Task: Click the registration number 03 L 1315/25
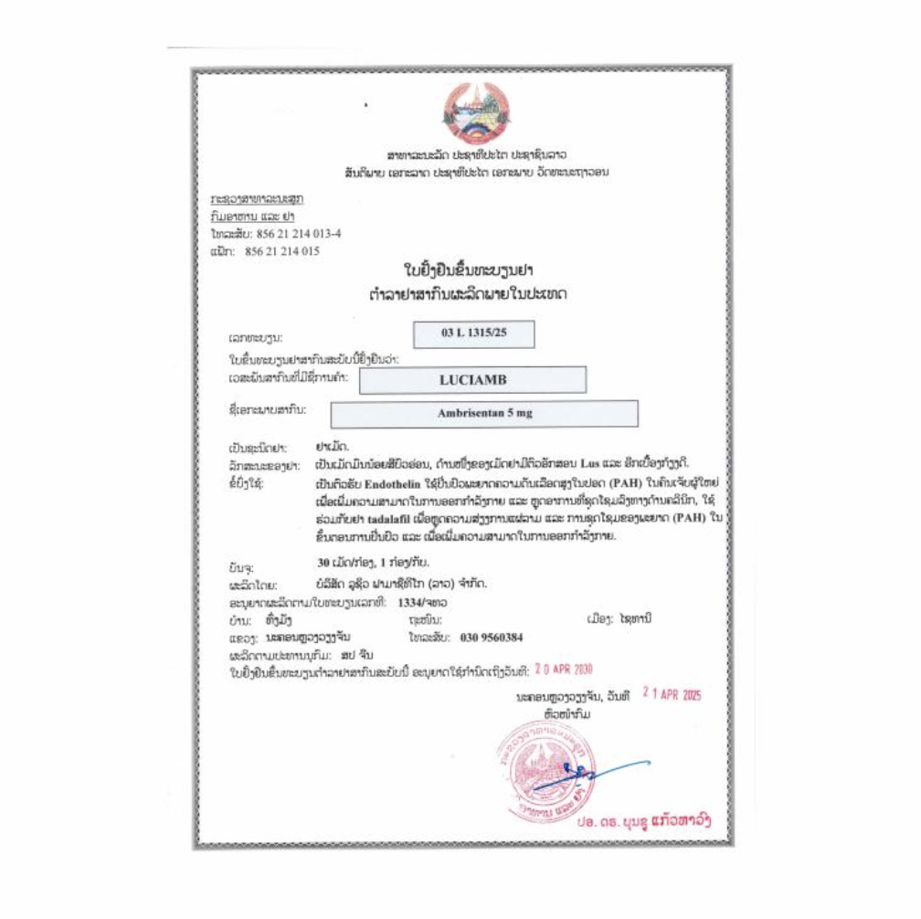point(472,333)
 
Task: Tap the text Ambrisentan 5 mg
point(483,413)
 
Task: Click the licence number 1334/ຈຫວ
point(421,603)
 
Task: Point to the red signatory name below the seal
point(643,821)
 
